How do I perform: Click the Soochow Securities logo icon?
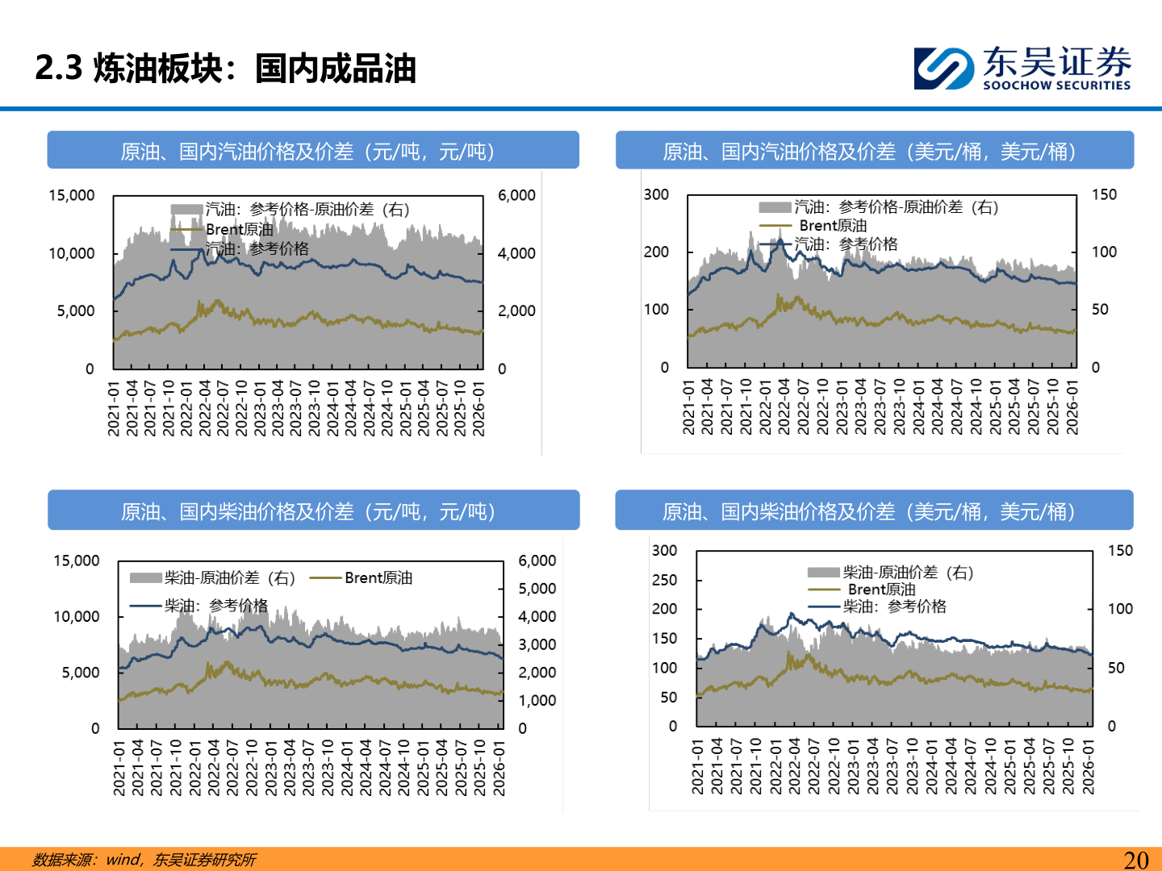point(943,68)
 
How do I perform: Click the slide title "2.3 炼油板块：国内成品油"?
point(225,69)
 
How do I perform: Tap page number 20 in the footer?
point(1135,860)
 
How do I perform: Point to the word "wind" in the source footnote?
point(123,860)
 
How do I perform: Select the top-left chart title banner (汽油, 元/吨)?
point(313,151)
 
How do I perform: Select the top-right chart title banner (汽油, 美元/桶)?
point(875,151)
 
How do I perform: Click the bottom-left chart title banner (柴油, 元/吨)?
point(313,511)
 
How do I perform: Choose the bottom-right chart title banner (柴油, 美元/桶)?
point(874,511)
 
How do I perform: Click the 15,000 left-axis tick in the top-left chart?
point(72,195)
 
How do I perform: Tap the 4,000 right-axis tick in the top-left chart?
point(516,253)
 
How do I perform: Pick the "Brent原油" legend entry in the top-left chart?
point(239,229)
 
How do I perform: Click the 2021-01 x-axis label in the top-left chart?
point(114,409)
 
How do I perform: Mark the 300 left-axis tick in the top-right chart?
point(656,194)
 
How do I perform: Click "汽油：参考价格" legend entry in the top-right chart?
point(846,244)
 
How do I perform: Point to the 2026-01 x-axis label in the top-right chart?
point(1072,407)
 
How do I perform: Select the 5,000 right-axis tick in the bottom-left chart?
point(537,589)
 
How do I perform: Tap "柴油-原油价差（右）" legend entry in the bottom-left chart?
point(229,577)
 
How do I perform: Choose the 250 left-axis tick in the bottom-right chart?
point(664,580)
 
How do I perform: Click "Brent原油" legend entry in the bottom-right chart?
point(881,590)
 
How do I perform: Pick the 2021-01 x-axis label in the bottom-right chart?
point(698,767)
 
